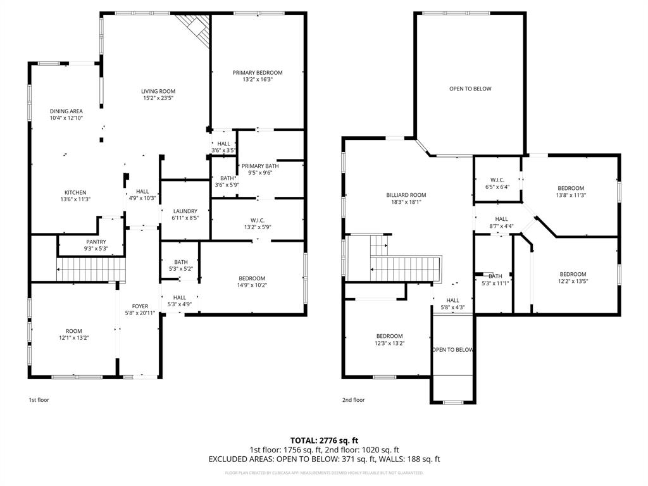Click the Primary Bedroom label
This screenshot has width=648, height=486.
point(257,73)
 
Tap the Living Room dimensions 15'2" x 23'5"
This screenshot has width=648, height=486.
point(158,99)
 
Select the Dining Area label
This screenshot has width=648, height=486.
point(66,111)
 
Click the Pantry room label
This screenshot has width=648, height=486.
point(97,242)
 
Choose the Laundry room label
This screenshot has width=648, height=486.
point(185,211)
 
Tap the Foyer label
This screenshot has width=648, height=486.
point(140,306)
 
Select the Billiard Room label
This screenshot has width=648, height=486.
point(406,195)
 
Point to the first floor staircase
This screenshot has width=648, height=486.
point(91,270)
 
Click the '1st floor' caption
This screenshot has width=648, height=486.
point(39,400)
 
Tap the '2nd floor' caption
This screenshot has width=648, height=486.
point(354,400)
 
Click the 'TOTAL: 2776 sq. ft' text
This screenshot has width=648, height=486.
point(324,440)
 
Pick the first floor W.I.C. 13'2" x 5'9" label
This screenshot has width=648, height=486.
point(256,220)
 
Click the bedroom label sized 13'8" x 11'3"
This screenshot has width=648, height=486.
point(571,188)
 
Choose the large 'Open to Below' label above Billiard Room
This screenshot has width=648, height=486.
point(470,89)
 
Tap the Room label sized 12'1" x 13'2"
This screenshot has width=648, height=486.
point(73,331)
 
